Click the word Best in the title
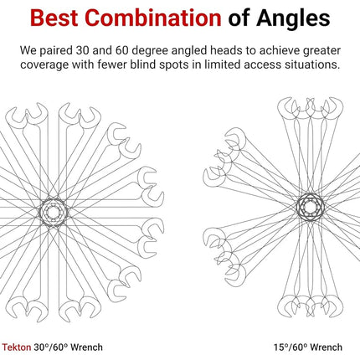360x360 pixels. point(54,18)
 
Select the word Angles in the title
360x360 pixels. point(293,19)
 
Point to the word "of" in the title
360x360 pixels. point(239,18)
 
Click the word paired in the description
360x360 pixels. point(55,51)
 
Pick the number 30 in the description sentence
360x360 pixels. point(83,51)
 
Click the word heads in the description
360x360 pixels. point(226,50)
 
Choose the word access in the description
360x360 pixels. point(260,65)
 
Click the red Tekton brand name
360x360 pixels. point(17,347)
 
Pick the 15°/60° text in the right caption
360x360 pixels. point(291,347)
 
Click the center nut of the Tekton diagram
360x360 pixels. point(53,213)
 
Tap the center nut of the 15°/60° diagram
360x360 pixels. point(310,207)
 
